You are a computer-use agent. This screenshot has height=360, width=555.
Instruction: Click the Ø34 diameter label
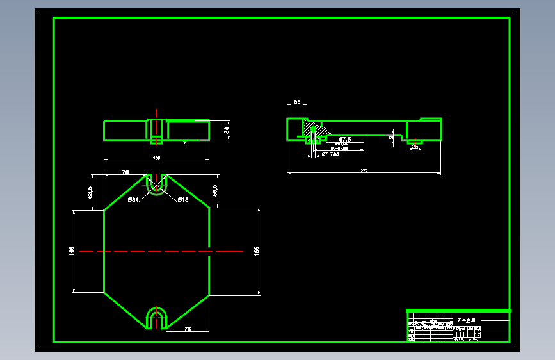click(x=133, y=200)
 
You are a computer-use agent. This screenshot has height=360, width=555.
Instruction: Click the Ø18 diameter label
click(x=182, y=200)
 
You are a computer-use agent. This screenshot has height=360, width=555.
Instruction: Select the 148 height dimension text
click(x=72, y=251)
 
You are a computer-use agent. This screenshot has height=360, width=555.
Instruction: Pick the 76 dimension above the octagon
click(x=126, y=172)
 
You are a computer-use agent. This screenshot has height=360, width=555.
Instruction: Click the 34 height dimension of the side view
click(x=226, y=131)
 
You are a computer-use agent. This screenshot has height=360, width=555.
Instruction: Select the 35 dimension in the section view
click(x=297, y=102)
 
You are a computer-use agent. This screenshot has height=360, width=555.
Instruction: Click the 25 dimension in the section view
click(x=415, y=147)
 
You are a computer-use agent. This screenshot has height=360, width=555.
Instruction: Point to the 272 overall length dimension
click(x=364, y=170)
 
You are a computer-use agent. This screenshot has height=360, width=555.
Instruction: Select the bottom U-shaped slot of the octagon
click(x=156, y=318)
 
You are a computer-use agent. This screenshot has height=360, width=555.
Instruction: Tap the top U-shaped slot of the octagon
click(x=156, y=183)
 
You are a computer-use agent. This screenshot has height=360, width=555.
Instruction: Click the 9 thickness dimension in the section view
click(x=391, y=136)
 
